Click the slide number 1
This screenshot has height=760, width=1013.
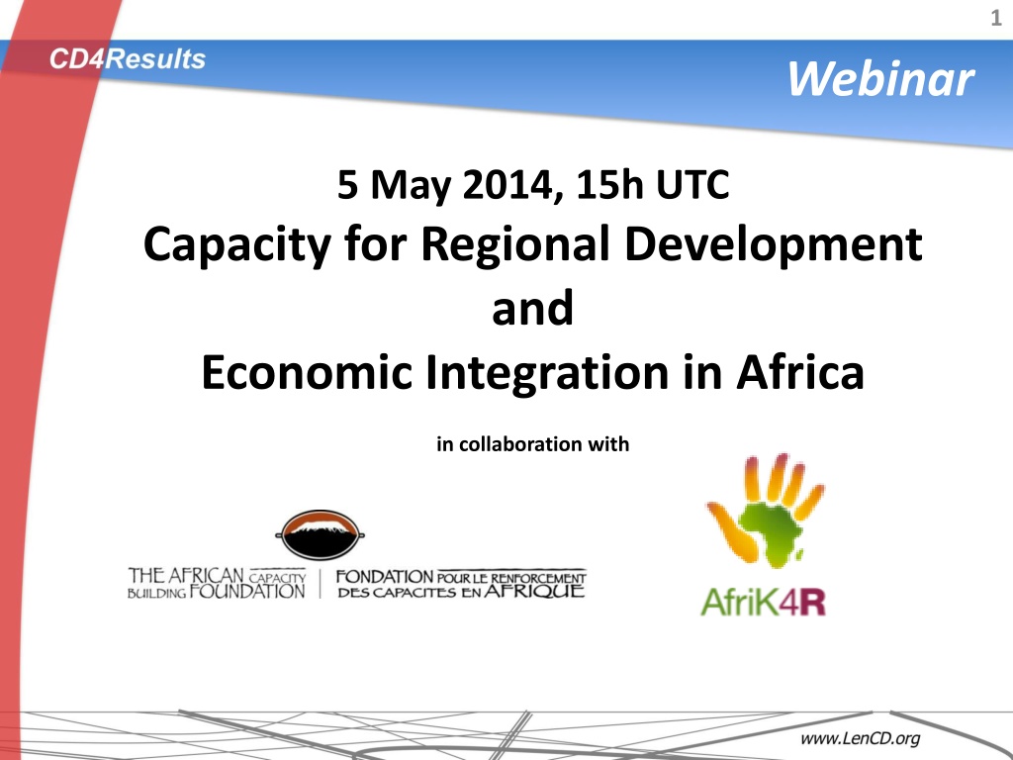995,18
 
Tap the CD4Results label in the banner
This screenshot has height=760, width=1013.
128,59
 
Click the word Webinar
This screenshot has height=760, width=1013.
880,79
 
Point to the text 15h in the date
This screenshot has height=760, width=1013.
609,184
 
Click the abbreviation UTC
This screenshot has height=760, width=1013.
692,184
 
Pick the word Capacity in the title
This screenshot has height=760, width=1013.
237,245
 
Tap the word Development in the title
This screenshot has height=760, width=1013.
774,245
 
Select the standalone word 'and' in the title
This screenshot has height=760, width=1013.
532,308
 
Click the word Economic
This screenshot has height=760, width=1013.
307,372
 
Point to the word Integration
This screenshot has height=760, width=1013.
547,373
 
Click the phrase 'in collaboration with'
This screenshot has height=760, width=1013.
532,444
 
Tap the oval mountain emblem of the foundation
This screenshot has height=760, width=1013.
321,534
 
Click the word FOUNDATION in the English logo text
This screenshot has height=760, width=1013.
247,591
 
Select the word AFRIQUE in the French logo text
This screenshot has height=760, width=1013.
534,591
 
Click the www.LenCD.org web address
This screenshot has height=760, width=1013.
860,738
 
